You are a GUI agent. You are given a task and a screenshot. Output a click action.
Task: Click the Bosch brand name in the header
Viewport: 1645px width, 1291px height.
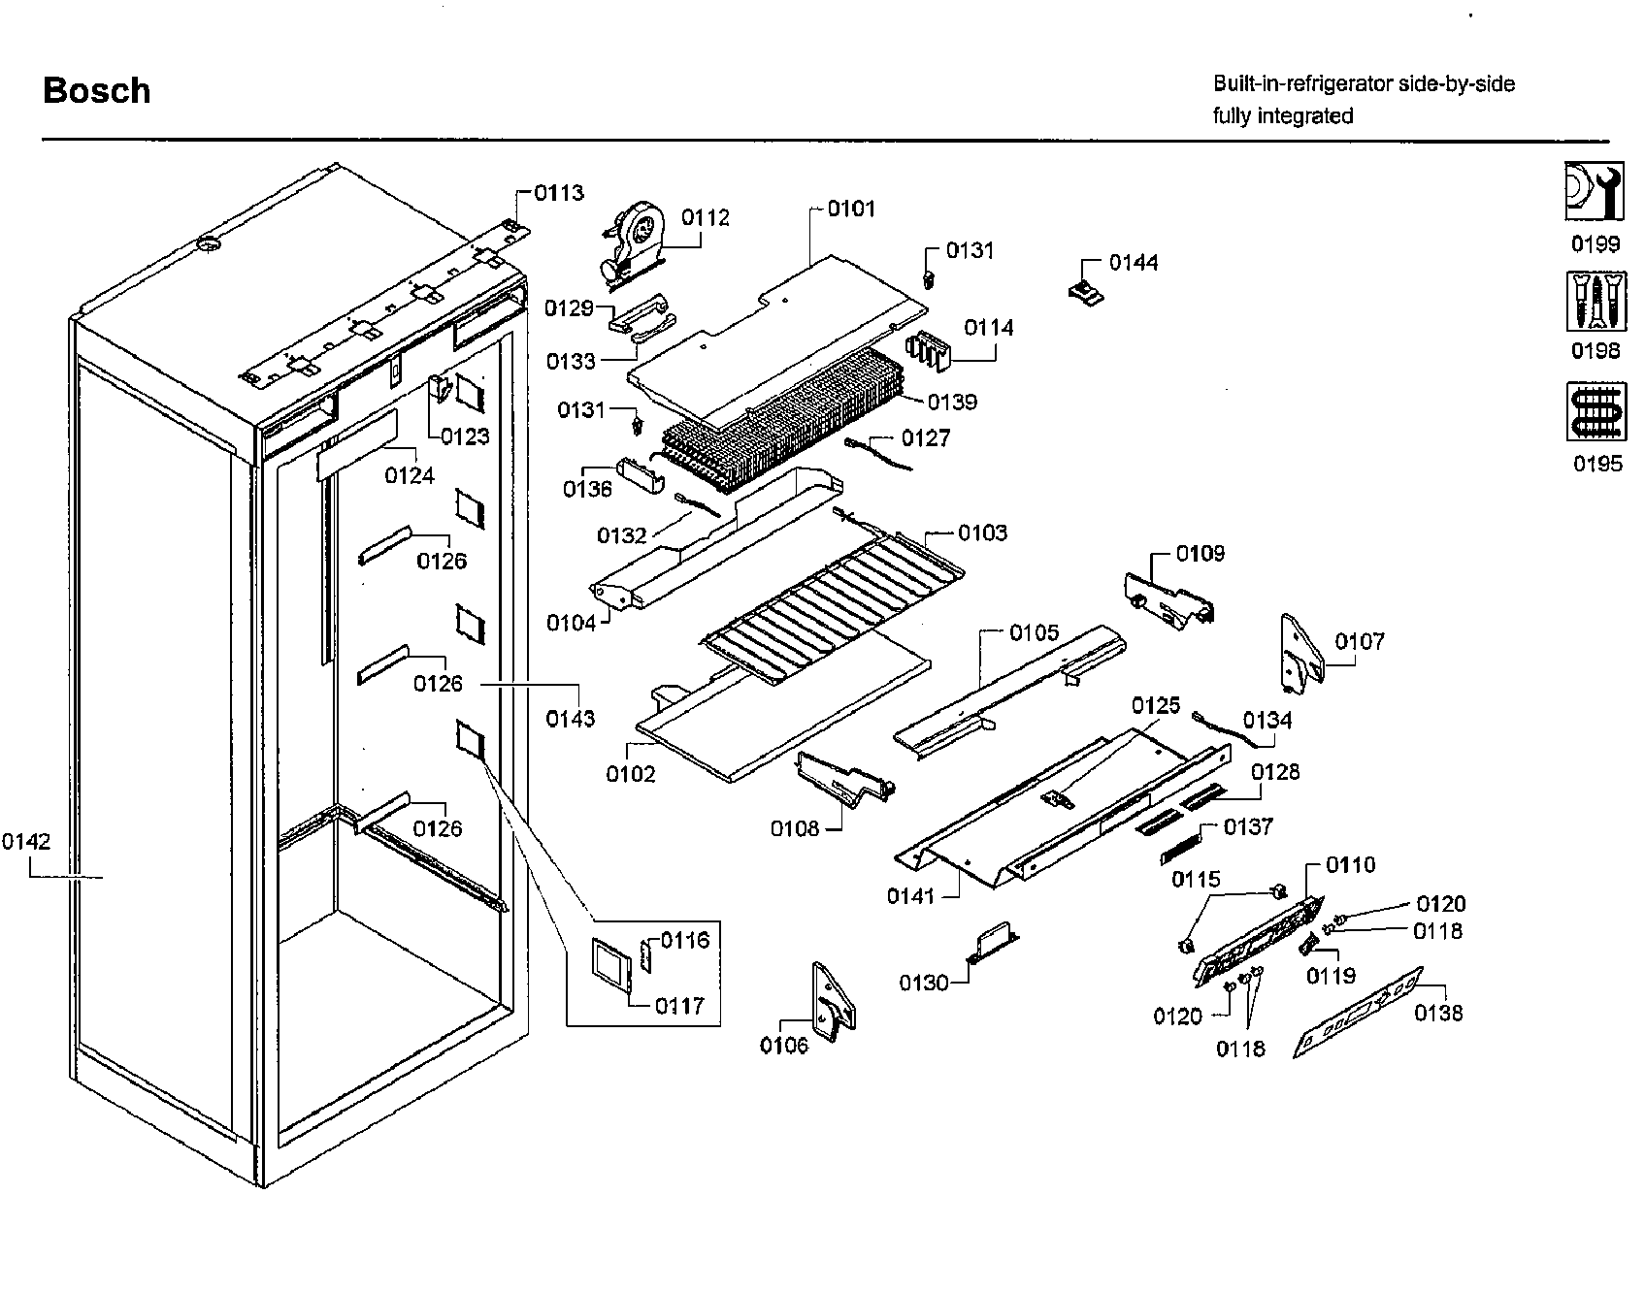[97, 91]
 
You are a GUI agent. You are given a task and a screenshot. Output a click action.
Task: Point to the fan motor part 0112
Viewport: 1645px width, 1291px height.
[636, 238]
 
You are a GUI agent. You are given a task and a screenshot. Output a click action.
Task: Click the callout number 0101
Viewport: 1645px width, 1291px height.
[851, 209]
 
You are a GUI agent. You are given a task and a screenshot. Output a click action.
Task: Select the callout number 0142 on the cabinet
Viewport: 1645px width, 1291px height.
[26, 842]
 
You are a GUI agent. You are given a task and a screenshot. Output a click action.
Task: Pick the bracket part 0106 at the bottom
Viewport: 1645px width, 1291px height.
[833, 1001]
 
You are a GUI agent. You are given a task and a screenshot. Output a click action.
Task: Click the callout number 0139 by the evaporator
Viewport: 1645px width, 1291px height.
[952, 402]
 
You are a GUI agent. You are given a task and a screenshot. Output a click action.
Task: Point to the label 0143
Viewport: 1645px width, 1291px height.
[570, 719]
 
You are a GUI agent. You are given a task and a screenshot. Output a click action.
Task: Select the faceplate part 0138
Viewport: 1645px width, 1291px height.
[1359, 1013]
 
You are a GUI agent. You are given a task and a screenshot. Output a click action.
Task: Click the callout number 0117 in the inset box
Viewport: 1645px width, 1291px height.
[678, 1006]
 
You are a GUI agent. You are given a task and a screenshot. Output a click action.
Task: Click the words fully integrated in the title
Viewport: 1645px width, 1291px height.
[1282, 116]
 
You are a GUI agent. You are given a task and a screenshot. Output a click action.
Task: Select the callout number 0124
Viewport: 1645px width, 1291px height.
[410, 475]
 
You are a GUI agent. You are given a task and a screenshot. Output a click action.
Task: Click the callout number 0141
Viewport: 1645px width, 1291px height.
[909, 895]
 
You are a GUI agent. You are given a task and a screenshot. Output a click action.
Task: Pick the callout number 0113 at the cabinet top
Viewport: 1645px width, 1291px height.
[560, 193]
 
